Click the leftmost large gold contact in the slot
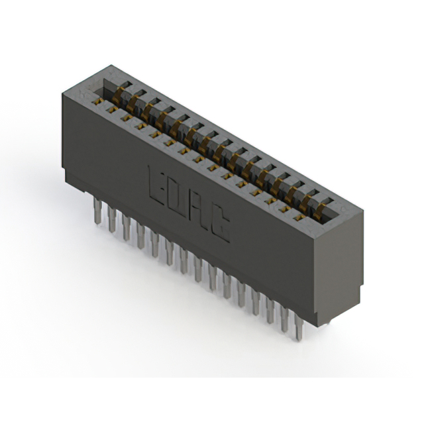pos(119,95)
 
